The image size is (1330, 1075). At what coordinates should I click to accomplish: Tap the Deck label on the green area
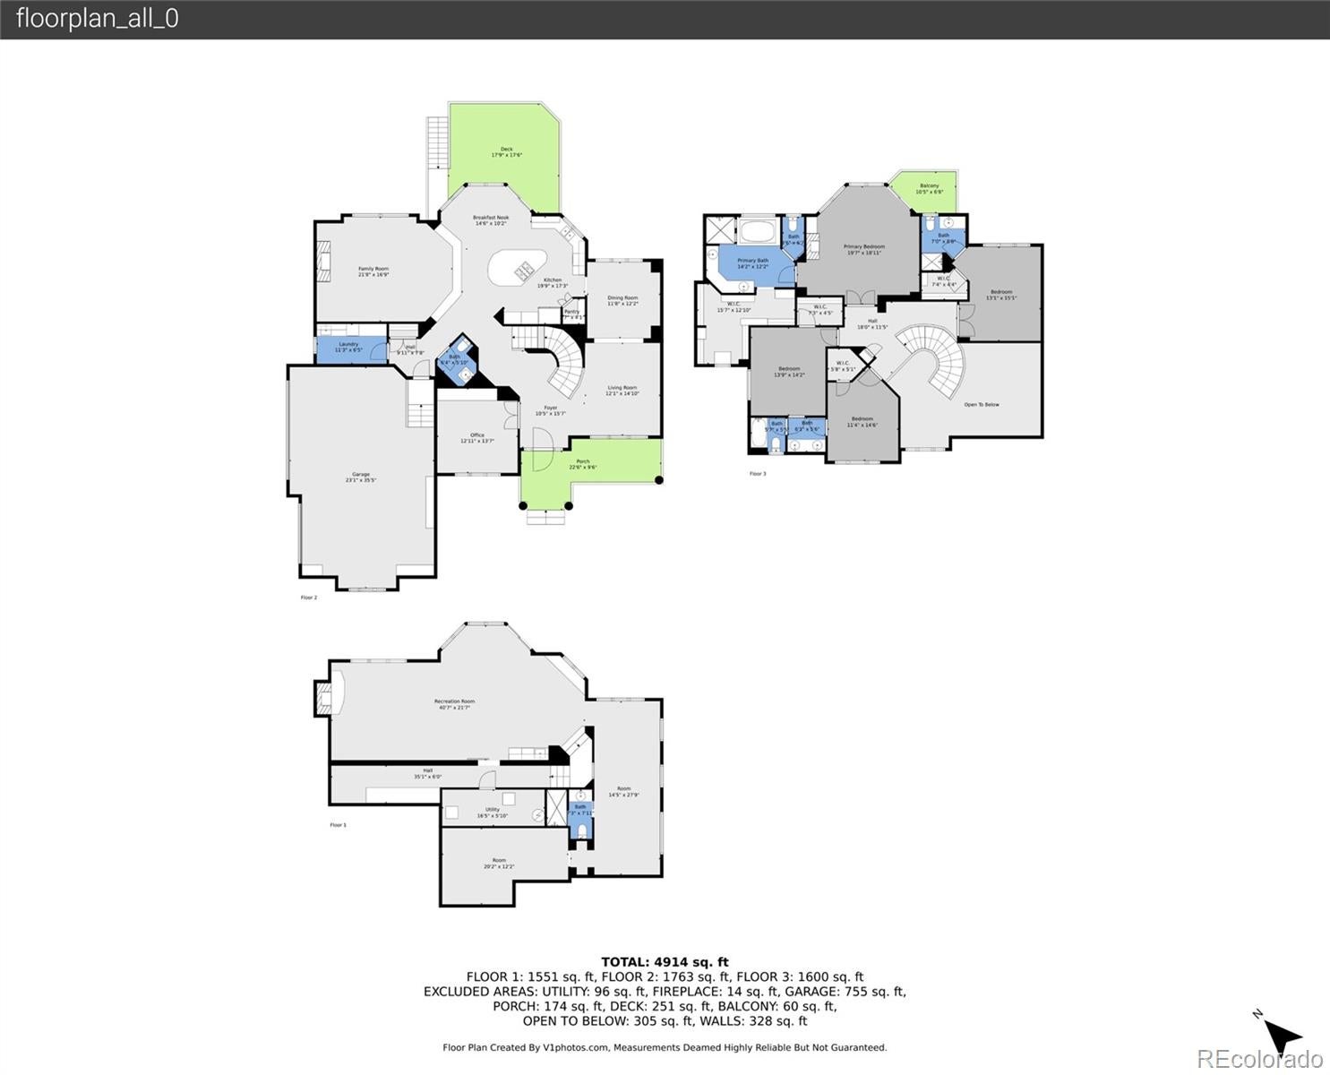[x=506, y=151]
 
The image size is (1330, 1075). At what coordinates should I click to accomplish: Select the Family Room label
[x=373, y=271]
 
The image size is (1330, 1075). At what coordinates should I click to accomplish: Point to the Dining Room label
[x=622, y=300]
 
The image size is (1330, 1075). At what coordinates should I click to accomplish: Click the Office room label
[x=476, y=438]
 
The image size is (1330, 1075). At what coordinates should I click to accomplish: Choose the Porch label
[x=583, y=464]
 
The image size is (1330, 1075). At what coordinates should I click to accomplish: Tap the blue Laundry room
[x=349, y=348]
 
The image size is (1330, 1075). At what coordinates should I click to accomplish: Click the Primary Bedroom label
[x=864, y=249]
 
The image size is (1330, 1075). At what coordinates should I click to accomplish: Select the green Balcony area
[x=930, y=189]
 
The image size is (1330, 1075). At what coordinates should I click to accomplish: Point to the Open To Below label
[x=982, y=405]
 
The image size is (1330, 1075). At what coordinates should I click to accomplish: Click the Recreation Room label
[x=454, y=704]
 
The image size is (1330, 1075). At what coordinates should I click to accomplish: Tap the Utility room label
[x=493, y=812]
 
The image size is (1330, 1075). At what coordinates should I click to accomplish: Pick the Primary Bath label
[x=752, y=263]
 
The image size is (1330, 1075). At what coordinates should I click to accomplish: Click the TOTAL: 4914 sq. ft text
[x=665, y=962]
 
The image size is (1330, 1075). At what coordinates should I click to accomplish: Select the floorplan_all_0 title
[x=98, y=19]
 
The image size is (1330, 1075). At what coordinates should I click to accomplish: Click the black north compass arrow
[x=1285, y=1036]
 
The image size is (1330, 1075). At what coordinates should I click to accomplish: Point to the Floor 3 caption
[x=758, y=473]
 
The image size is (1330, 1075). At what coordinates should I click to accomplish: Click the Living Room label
[x=622, y=391]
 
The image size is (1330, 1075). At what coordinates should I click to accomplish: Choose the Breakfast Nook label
[x=491, y=219]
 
